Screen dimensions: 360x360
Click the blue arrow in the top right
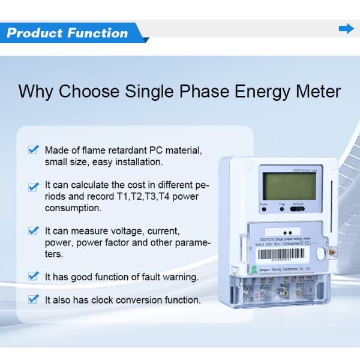pos(346,29)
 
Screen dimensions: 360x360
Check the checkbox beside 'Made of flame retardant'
pos(34,149)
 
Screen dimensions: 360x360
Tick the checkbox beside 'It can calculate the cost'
pos(34,187)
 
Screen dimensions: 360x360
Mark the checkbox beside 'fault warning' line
pos(34,277)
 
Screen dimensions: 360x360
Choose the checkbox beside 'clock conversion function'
pos(34,298)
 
